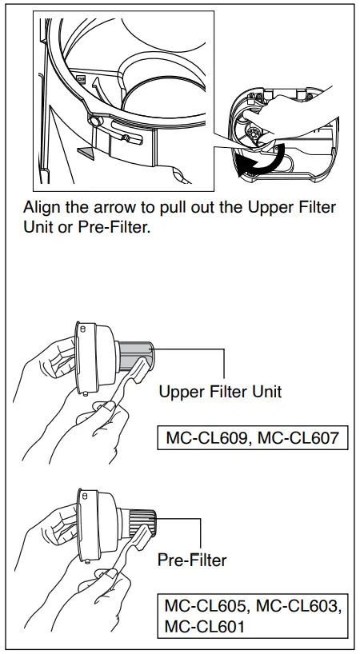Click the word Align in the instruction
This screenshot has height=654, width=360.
pos(42,207)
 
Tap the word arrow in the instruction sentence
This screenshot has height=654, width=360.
pos(113,207)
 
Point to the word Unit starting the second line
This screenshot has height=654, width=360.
pos(38,226)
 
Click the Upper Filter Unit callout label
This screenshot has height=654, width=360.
pos(219,392)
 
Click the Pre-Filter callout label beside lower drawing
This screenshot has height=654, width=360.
pos(191,560)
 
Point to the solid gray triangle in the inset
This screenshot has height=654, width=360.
pos(86,150)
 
